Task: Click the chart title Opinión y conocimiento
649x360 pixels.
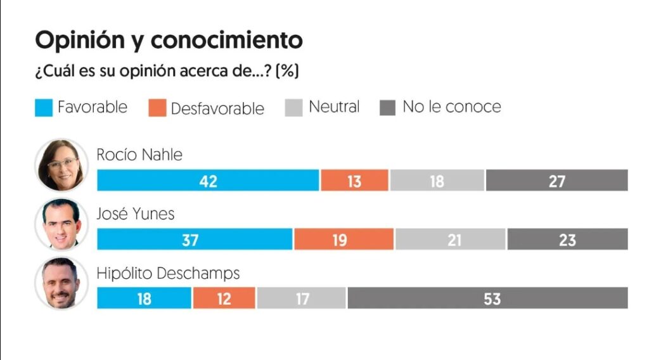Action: tap(169, 40)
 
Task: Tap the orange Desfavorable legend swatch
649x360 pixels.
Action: tap(157, 108)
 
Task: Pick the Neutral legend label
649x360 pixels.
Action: tap(334, 106)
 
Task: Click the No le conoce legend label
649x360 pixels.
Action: tap(451, 106)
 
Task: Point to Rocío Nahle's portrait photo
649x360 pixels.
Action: tap(61, 165)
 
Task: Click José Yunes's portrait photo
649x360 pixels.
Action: tap(61, 225)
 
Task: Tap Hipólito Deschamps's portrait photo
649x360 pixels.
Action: tap(61, 283)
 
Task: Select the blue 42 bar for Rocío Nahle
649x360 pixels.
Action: tap(208, 181)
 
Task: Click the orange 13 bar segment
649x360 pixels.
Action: tap(354, 181)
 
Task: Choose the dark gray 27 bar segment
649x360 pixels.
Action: tap(556, 181)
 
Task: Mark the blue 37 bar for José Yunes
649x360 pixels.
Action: tap(195, 240)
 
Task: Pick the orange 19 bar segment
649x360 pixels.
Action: tap(344, 240)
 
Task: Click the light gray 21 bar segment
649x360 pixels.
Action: tap(450, 240)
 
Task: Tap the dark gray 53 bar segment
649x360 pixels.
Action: tap(487, 298)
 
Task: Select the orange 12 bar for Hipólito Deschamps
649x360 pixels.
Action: tap(224, 298)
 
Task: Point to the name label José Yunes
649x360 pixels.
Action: tap(135, 214)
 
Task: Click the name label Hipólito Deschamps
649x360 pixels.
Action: tap(168, 273)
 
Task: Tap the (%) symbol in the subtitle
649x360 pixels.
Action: tap(289, 72)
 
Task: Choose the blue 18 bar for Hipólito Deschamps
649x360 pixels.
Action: tap(144, 298)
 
